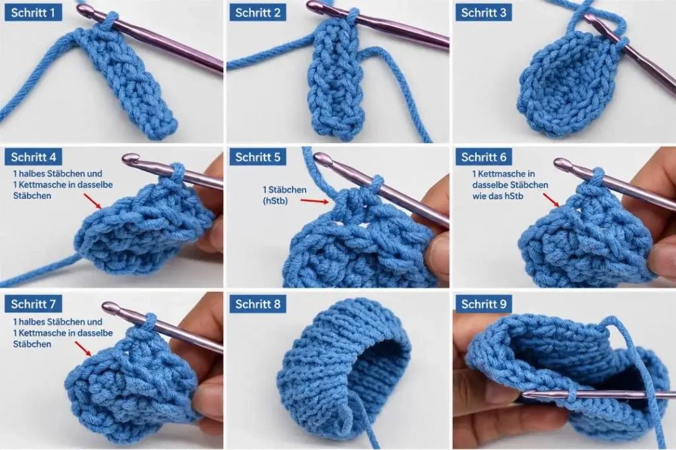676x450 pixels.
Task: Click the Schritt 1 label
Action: click(x=33, y=13)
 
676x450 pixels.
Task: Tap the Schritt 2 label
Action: click(x=258, y=13)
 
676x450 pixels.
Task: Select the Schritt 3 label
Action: click(x=484, y=13)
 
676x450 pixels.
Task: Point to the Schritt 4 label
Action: click(x=33, y=157)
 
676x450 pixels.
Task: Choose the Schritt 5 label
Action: click(x=258, y=157)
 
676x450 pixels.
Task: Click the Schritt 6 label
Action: click(x=484, y=157)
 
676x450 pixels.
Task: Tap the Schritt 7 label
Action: click(x=33, y=304)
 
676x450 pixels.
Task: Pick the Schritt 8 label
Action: click(x=258, y=304)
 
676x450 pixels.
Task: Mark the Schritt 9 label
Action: click(x=484, y=304)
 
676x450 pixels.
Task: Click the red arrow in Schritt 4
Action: click(x=92, y=201)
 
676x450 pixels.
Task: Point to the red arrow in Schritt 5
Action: click(x=316, y=201)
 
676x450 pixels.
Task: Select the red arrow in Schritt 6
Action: click(x=551, y=200)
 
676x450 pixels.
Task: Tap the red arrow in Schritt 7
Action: click(x=84, y=349)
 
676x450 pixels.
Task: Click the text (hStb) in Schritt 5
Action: click(x=275, y=201)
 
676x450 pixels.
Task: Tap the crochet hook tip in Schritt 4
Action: click(x=124, y=160)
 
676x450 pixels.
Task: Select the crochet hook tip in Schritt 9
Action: click(x=525, y=393)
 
